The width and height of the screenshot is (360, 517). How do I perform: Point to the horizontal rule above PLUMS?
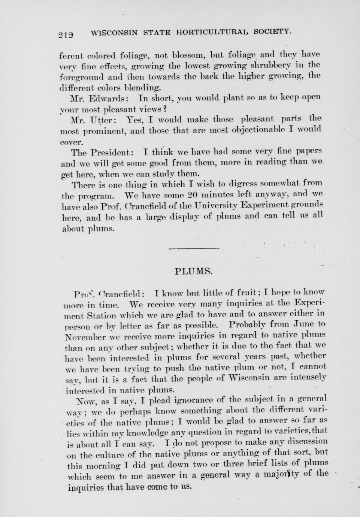(194, 248)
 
